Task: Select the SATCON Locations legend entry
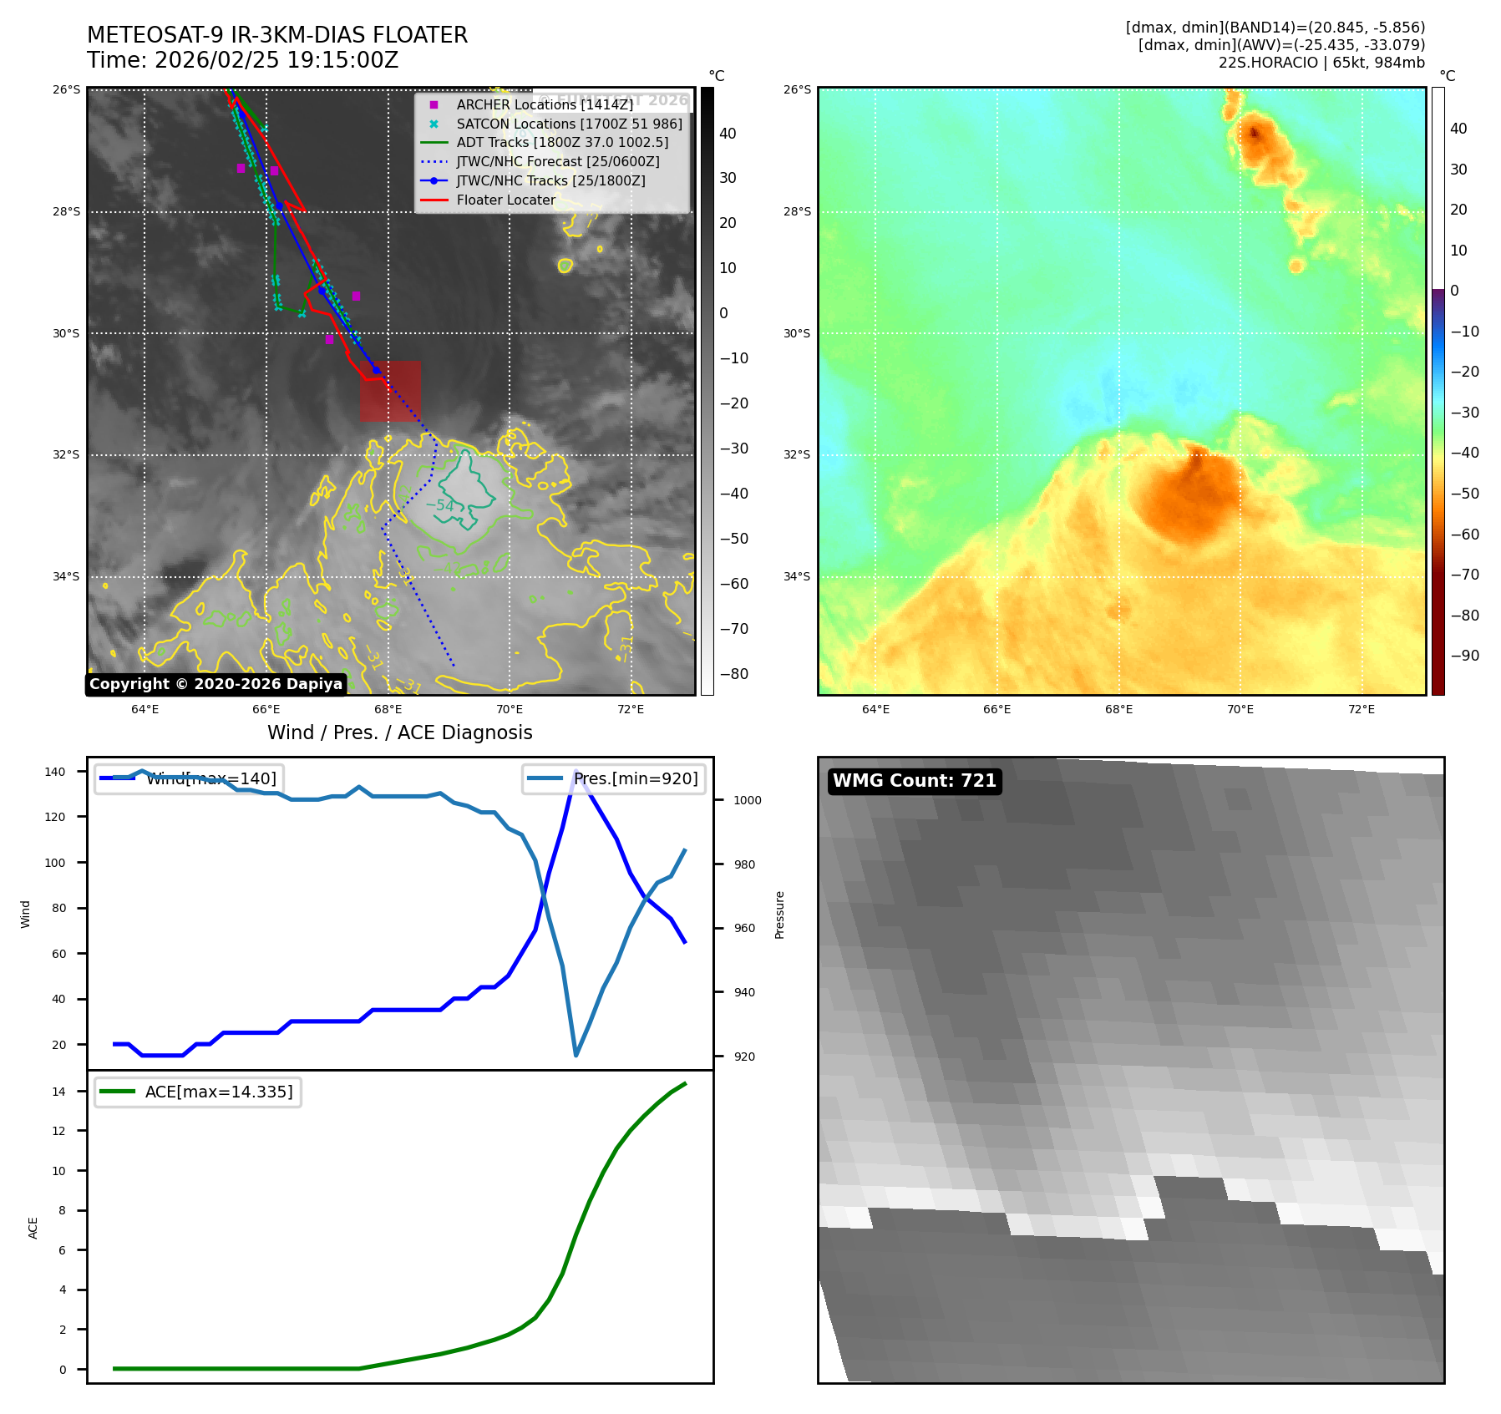click(569, 124)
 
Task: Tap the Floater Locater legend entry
click(505, 200)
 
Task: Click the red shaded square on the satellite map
click(390, 391)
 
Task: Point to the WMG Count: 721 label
click(914, 780)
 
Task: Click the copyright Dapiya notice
click(216, 684)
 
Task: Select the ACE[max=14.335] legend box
click(198, 1092)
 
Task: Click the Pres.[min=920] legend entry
click(615, 778)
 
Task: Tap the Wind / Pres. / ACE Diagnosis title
click(399, 732)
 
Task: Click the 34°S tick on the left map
click(66, 576)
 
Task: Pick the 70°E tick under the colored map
click(1240, 709)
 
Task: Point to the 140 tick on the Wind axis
click(54, 772)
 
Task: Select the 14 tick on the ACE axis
click(58, 1091)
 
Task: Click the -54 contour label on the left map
click(440, 505)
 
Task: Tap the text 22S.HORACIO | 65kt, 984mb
click(1321, 63)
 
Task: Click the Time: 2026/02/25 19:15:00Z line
click(242, 60)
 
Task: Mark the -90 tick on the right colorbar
click(1464, 656)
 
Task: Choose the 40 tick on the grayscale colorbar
click(728, 134)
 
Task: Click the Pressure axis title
click(779, 915)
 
